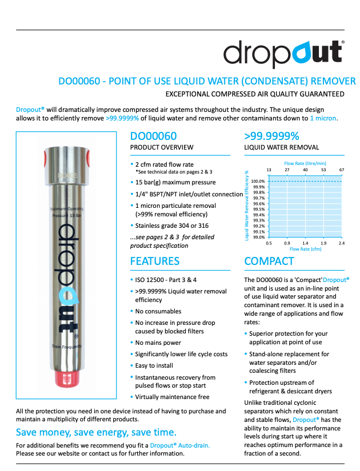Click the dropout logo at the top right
283,53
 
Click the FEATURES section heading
155,261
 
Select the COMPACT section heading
269,261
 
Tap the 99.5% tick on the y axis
258,209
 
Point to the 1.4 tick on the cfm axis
305,243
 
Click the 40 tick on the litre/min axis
305,170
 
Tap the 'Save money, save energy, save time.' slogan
96,431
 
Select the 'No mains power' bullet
158,343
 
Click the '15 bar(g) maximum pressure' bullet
175,182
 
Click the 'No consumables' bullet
158,311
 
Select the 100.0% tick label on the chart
258,181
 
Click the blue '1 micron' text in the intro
323,118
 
